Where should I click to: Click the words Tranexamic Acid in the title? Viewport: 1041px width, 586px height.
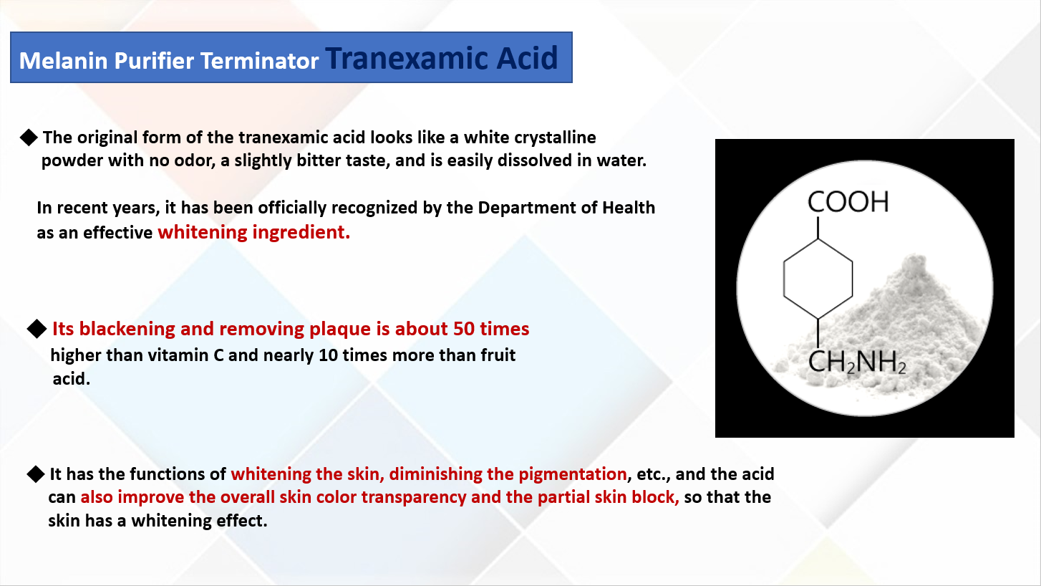(442, 58)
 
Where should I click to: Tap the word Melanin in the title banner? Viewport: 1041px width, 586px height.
(64, 60)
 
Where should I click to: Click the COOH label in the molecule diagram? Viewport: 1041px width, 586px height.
(848, 202)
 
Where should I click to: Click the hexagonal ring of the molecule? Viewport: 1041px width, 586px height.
(818, 279)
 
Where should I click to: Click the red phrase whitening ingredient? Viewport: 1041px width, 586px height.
(253, 231)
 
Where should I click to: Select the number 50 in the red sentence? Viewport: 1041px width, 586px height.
(464, 329)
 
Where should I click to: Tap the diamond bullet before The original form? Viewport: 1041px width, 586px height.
(29, 138)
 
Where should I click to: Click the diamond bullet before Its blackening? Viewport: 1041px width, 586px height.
(37, 329)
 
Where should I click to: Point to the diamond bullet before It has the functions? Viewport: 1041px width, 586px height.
(35, 474)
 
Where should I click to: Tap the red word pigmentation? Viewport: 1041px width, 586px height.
(573, 474)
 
